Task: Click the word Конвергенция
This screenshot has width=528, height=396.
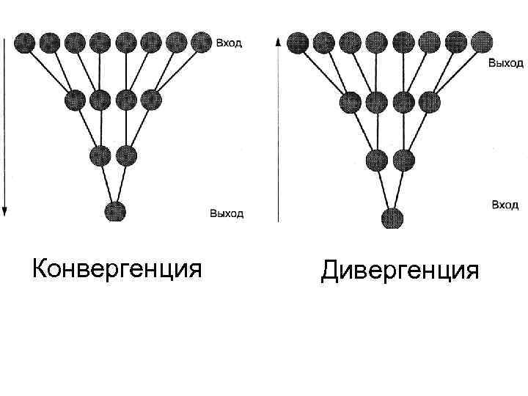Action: pyautogui.click(x=117, y=268)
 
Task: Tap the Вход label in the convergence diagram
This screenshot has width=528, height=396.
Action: pyautogui.click(x=229, y=43)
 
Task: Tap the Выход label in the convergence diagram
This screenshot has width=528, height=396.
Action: pyautogui.click(x=227, y=214)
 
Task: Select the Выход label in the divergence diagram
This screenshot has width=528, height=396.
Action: pyautogui.click(x=506, y=64)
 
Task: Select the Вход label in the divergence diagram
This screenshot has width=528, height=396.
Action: pyautogui.click(x=505, y=205)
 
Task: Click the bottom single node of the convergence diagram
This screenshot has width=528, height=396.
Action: pyautogui.click(x=115, y=211)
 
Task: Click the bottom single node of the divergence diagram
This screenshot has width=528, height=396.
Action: pyautogui.click(x=393, y=218)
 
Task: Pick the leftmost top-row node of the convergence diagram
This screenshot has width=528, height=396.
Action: pyautogui.click(x=25, y=43)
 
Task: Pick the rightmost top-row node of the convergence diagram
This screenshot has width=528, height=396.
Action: pyautogui.click(x=201, y=43)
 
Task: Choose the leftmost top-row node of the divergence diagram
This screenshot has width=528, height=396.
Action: pyautogui.click(x=297, y=42)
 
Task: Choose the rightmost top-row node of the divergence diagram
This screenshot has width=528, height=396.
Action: pyautogui.click(x=480, y=41)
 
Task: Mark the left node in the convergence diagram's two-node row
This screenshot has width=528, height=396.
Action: pyautogui.click(x=100, y=155)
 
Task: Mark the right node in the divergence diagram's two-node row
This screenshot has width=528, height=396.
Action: pyautogui.click(x=403, y=159)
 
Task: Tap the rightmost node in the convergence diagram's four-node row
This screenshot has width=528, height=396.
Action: pyautogui.click(x=150, y=98)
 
